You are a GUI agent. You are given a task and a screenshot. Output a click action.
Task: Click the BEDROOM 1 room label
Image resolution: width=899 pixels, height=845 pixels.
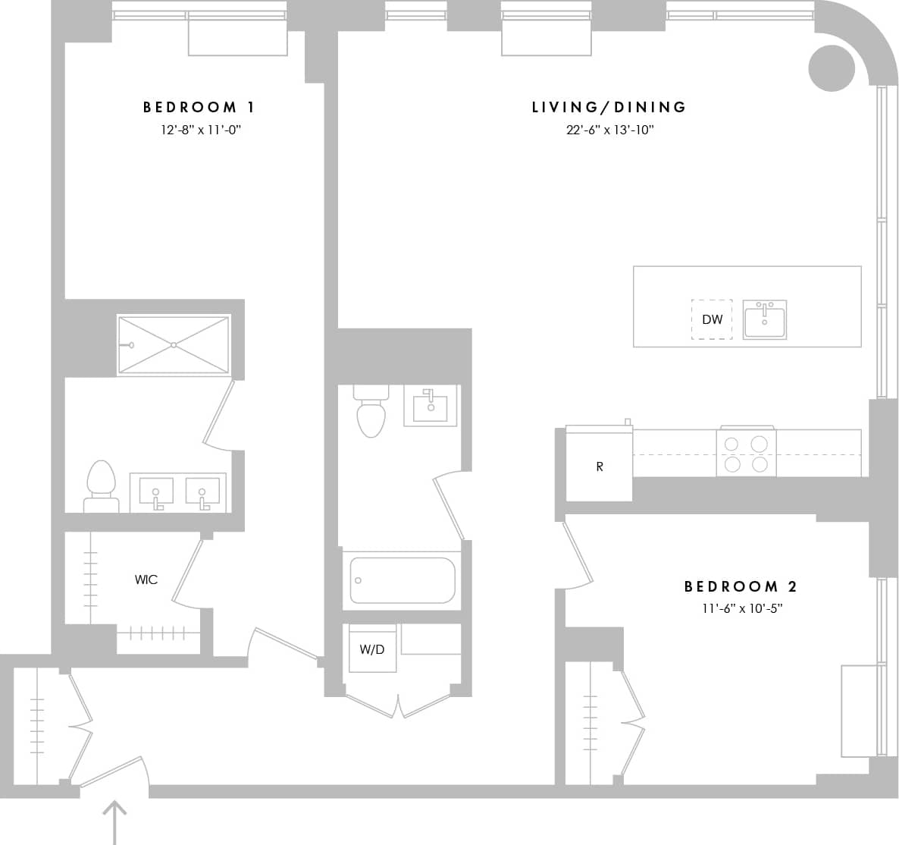(x=199, y=107)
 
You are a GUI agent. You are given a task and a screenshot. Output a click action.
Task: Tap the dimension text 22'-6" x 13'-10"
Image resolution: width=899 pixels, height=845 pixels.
(x=609, y=130)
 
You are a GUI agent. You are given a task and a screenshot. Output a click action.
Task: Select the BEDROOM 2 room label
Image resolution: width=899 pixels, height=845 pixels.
(x=741, y=586)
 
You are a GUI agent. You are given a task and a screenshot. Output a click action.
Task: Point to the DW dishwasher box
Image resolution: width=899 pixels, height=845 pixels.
(x=712, y=319)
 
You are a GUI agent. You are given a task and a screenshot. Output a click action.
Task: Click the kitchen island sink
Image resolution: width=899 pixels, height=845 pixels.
(x=764, y=319)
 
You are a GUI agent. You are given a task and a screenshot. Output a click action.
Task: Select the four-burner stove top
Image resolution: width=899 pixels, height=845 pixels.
(x=746, y=453)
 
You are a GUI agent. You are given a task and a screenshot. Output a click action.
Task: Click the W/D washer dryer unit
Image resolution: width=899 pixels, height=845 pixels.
(x=372, y=649)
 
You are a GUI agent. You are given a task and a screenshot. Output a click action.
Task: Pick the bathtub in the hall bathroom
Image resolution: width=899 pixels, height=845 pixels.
(x=403, y=580)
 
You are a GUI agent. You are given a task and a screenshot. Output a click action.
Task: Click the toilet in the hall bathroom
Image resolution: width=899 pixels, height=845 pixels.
(x=371, y=413)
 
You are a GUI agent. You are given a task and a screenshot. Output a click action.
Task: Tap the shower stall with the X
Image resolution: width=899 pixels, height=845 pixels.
(x=174, y=345)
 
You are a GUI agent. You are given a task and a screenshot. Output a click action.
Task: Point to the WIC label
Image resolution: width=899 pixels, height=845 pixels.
(x=146, y=580)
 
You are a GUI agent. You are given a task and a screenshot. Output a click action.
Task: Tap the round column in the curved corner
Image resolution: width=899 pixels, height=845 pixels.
(x=832, y=68)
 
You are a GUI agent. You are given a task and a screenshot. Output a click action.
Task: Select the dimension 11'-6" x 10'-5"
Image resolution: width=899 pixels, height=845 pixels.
(x=741, y=608)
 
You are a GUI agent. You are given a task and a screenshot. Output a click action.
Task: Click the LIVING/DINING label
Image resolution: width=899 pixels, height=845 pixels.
(x=609, y=107)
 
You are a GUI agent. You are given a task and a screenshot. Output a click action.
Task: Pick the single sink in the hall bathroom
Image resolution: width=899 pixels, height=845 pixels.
(x=431, y=406)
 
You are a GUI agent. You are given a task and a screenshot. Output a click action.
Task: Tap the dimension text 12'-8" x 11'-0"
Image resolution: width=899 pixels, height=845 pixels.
(x=200, y=130)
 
